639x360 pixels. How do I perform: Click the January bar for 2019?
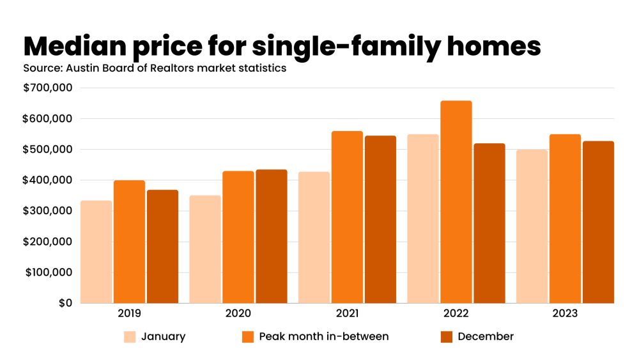pos(96,252)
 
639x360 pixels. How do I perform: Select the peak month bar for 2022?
pos(456,202)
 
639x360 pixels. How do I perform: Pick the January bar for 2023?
pos(532,226)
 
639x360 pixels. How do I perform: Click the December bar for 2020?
pos(271,236)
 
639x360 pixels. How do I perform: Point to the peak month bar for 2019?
pos(129,242)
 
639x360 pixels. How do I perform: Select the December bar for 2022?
pos(489,223)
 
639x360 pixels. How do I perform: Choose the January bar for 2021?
pos(314,237)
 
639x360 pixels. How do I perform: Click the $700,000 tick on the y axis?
pos(48,88)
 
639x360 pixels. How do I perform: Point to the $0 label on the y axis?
pos(65,303)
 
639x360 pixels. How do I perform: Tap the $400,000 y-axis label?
pos(48,180)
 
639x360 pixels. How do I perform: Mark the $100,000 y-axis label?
pos(48,272)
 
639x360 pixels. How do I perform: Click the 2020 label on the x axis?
pos(238,314)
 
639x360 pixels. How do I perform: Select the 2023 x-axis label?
pos(565,314)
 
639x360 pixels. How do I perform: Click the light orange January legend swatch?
pos(130,336)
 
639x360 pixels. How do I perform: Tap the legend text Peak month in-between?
pos(323,336)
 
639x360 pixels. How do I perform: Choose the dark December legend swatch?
pos(447,336)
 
